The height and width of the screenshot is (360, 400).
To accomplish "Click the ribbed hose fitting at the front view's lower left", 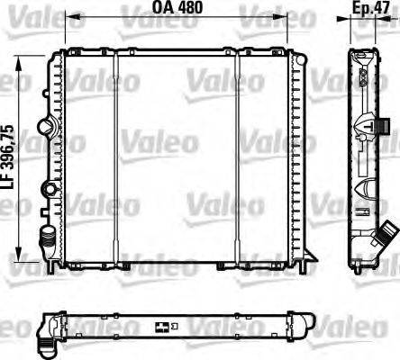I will [47, 238].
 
